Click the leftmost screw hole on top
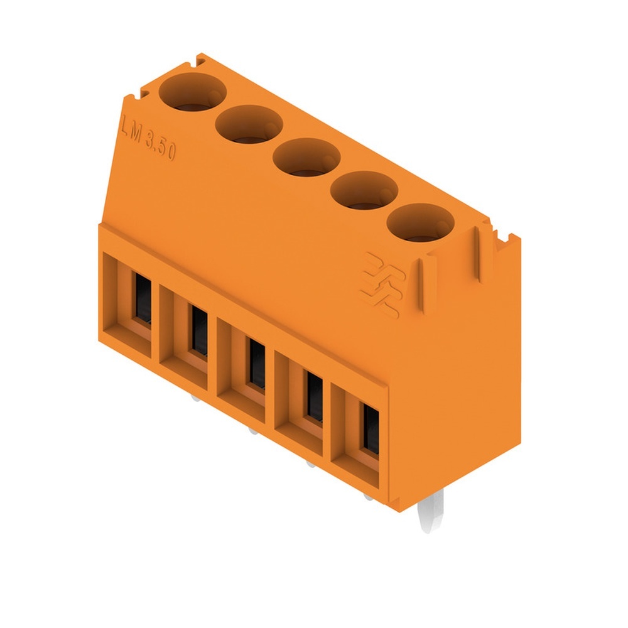[192, 92]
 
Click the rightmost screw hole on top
[421, 224]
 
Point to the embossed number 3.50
[160, 150]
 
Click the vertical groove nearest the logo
[421, 286]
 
